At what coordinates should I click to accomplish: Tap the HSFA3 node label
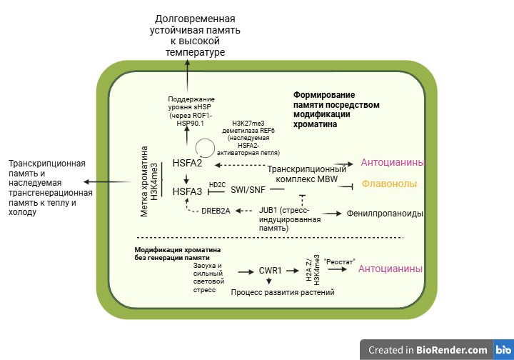(188, 191)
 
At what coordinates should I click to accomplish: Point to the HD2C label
(217, 185)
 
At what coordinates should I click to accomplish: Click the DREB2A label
(216, 211)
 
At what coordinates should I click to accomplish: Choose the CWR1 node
(271, 271)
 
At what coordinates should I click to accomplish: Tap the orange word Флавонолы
(390, 184)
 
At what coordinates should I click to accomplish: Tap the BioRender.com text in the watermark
(453, 350)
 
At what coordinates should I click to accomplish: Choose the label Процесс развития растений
(283, 293)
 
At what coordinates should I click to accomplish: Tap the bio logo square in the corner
(503, 350)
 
